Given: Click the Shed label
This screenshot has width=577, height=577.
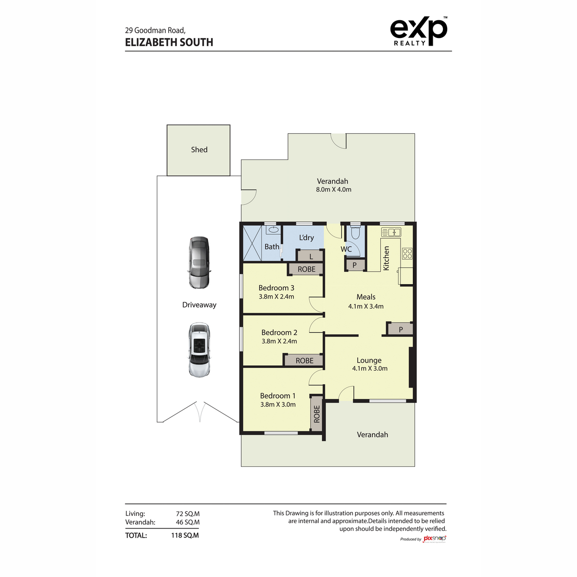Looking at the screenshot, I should coord(199,150).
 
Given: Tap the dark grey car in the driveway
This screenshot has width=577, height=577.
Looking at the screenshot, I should coord(199,263).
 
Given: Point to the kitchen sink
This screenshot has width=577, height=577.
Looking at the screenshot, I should coord(391,233).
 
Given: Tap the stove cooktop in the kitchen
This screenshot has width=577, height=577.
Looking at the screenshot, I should coord(407,253).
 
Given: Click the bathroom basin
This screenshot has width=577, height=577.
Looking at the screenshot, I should coord(273,230).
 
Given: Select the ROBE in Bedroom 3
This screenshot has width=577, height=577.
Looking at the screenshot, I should coord(306,269).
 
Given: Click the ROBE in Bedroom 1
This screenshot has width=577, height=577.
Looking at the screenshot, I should coord(316,414).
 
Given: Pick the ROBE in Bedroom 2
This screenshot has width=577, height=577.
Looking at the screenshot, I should coord(304,361).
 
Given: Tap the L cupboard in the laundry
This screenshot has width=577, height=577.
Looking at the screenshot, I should coord(311,257).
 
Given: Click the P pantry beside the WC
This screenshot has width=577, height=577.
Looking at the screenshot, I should coord(355,265).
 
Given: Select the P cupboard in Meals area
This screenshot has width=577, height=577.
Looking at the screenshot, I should coord(400,329).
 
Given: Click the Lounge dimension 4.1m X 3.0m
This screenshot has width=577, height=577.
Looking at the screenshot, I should coord(370,369).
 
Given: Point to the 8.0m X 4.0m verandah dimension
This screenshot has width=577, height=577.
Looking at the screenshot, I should coord(333,190).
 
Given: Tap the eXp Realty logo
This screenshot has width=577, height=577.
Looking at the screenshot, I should coord(418,32).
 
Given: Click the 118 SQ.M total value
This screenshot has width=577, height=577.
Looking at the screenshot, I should coord(185,535).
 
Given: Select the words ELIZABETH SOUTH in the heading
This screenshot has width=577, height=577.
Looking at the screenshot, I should coord(169,42).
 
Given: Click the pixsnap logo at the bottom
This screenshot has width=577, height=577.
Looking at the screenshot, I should coord(434,539).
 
